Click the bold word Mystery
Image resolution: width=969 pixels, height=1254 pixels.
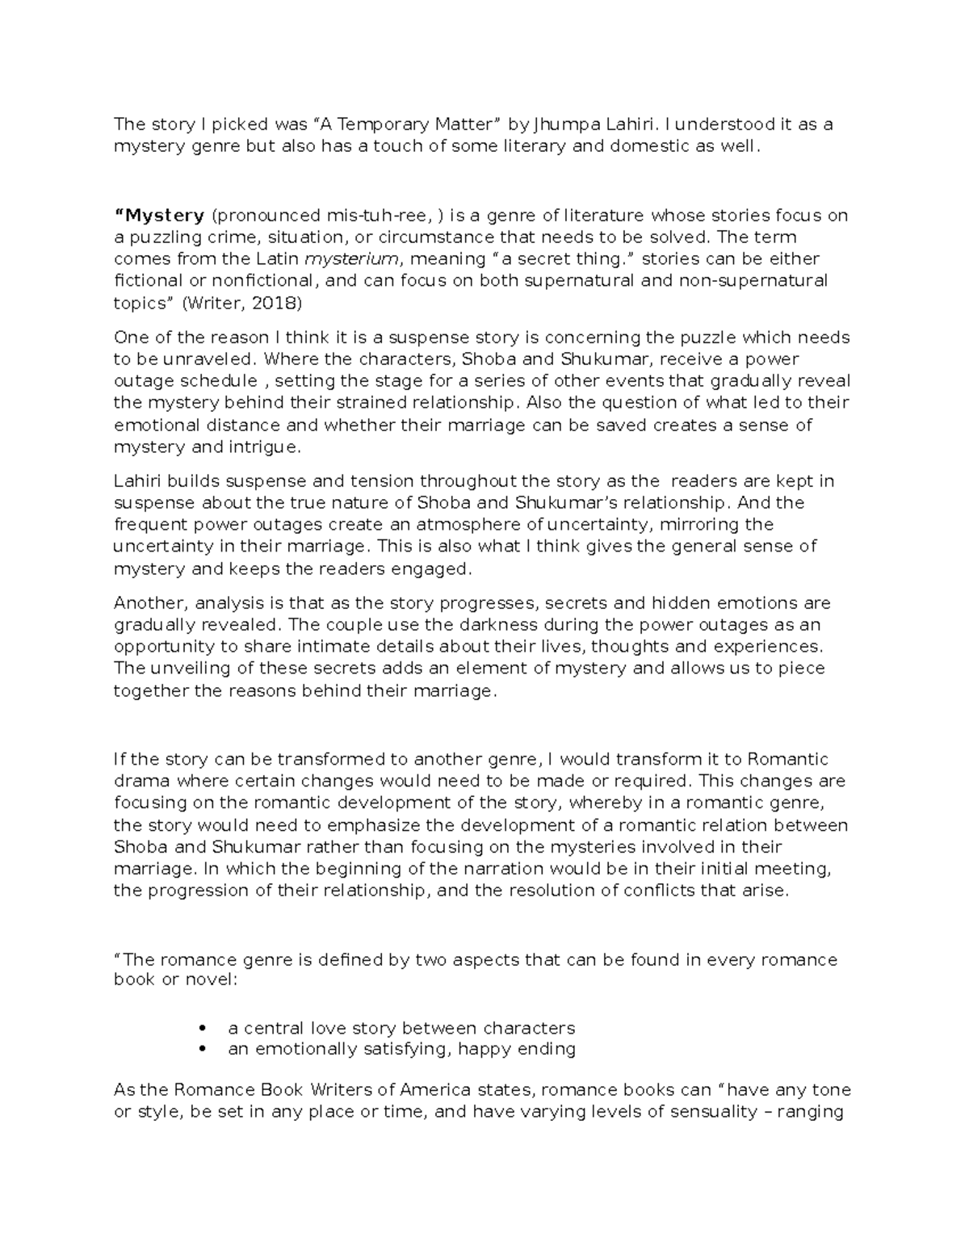click(160, 216)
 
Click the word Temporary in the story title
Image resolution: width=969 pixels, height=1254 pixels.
click(384, 124)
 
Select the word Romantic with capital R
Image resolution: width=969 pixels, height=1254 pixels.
click(788, 760)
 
